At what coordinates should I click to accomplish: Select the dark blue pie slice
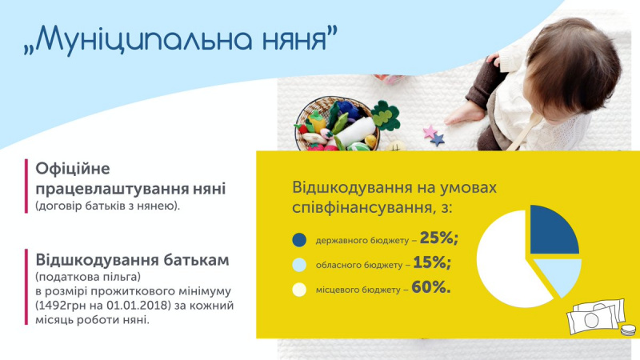tap(553, 230)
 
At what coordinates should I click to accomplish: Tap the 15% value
tap(433, 262)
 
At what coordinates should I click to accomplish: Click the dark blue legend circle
tap(299, 239)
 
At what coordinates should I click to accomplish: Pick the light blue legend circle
tap(299, 264)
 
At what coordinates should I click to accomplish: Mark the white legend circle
tap(299, 289)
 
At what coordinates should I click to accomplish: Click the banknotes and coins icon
tap(598, 319)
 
